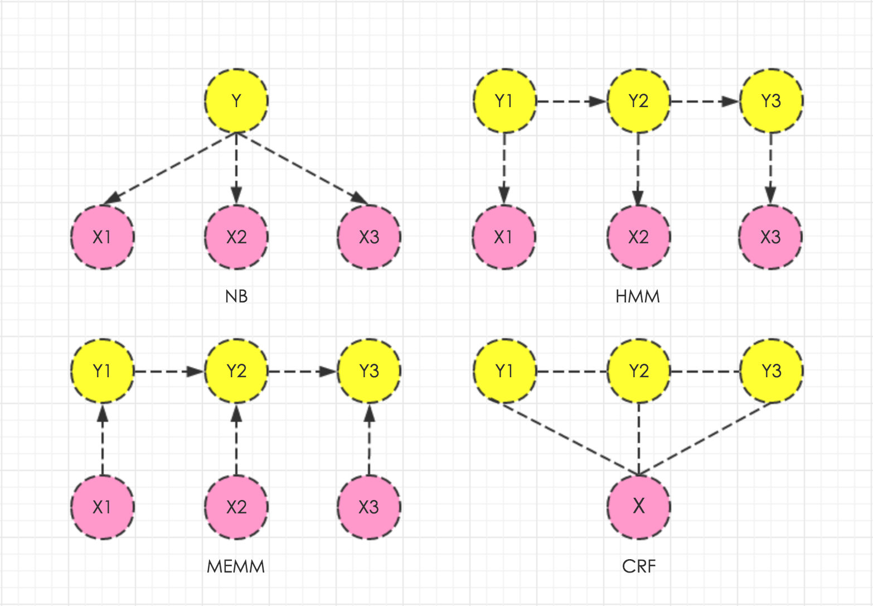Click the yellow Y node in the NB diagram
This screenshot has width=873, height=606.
click(x=236, y=101)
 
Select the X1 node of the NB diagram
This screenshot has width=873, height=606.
click(x=102, y=237)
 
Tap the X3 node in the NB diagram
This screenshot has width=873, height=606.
click(x=369, y=237)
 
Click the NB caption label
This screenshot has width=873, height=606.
click(x=236, y=296)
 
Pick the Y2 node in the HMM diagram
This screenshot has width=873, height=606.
click(x=638, y=101)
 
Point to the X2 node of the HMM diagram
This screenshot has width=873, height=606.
click(x=638, y=237)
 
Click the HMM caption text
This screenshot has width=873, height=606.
click(x=638, y=296)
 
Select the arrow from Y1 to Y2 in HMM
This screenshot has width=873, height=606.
click(x=571, y=102)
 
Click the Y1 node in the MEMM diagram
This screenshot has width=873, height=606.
click(x=102, y=371)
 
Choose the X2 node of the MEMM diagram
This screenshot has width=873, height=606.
click(x=236, y=507)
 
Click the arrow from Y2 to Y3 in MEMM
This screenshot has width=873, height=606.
click(x=303, y=371)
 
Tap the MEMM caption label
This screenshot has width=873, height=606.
click(x=236, y=567)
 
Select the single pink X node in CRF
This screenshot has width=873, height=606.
click(x=639, y=507)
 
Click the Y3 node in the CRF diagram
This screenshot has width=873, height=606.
click(x=772, y=371)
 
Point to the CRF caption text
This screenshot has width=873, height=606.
click(x=639, y=567)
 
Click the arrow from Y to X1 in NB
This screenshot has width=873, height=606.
click(x=169, y=168)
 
